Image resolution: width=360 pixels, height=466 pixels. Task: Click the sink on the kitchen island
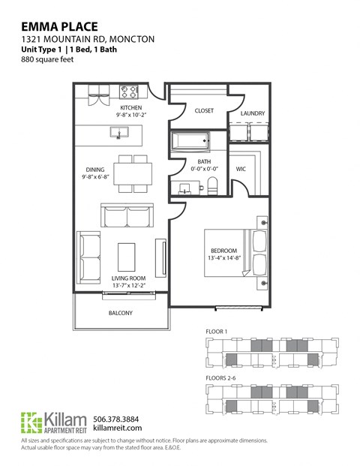point(118,134)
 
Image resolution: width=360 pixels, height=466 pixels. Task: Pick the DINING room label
point(96,170)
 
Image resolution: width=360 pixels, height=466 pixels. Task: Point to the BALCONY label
point(120,313)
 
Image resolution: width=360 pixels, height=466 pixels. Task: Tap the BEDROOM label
point(223,251)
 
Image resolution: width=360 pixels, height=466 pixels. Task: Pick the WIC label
point(241,170)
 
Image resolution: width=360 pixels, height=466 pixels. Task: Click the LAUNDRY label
point(251,114)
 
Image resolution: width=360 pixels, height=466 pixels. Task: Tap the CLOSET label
point(204,110)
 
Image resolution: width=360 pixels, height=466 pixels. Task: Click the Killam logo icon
point(31,422)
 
